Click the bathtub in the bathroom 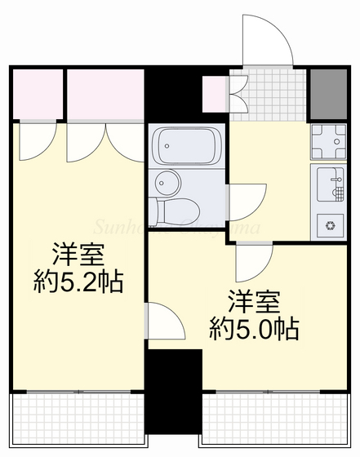pos(186,146)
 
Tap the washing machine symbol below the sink pos(331,223)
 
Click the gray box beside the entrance pos(328,95)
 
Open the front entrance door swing pos(267,41)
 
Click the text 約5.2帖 pos(78,283)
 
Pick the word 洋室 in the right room pos(252,299)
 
